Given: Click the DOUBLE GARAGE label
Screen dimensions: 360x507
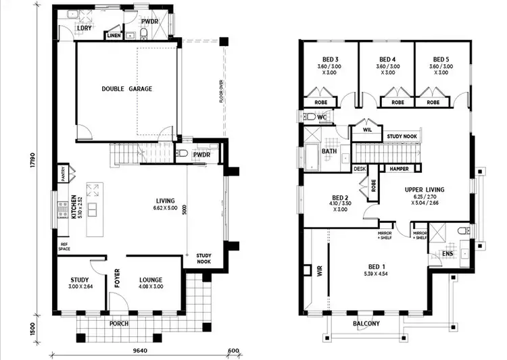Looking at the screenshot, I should pos(126,89).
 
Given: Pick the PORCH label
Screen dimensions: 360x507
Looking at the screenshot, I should pos(120,323).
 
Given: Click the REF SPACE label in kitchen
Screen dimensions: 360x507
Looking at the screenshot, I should pos(65,248).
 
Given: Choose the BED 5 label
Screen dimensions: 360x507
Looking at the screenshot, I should pos(441,59).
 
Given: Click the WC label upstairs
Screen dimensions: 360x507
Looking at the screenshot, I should pos(322,117).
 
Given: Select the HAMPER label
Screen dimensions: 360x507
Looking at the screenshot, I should pos(395,168).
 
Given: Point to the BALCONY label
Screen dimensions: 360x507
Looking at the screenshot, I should pos(366,324).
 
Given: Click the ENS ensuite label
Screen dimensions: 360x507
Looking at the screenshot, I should pos(447,253).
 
